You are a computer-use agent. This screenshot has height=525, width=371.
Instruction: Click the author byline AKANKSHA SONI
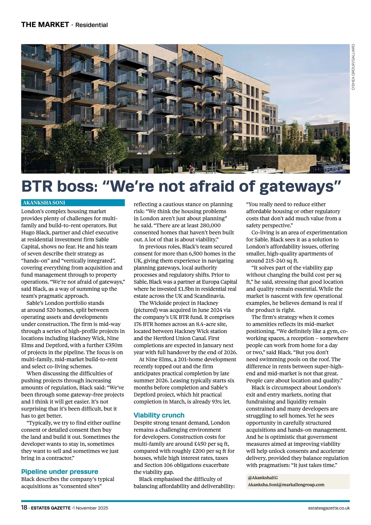tap(44, 203)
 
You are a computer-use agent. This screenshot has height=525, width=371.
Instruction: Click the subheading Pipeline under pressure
tap(60, 471)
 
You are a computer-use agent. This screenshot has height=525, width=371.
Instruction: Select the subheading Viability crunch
tap(159, 415)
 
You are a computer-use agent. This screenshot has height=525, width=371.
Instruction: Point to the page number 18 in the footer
tap(24, 508)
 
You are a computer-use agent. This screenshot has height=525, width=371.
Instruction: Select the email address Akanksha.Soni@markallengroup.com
tap(286, 484)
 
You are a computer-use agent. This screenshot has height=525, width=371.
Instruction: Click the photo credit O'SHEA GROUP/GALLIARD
tap(353, 67)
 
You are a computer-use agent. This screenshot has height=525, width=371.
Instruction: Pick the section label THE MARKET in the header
tap(45, 25)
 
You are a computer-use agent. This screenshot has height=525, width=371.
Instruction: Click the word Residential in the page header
tap(92, 25)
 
